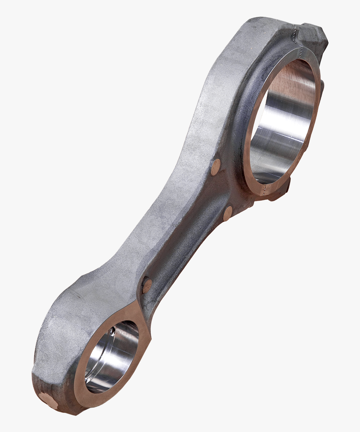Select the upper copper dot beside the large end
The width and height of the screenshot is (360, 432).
(216, 167)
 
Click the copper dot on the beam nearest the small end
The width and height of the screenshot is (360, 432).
(147, 286)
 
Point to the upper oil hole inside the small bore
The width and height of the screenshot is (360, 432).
(113, 331)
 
